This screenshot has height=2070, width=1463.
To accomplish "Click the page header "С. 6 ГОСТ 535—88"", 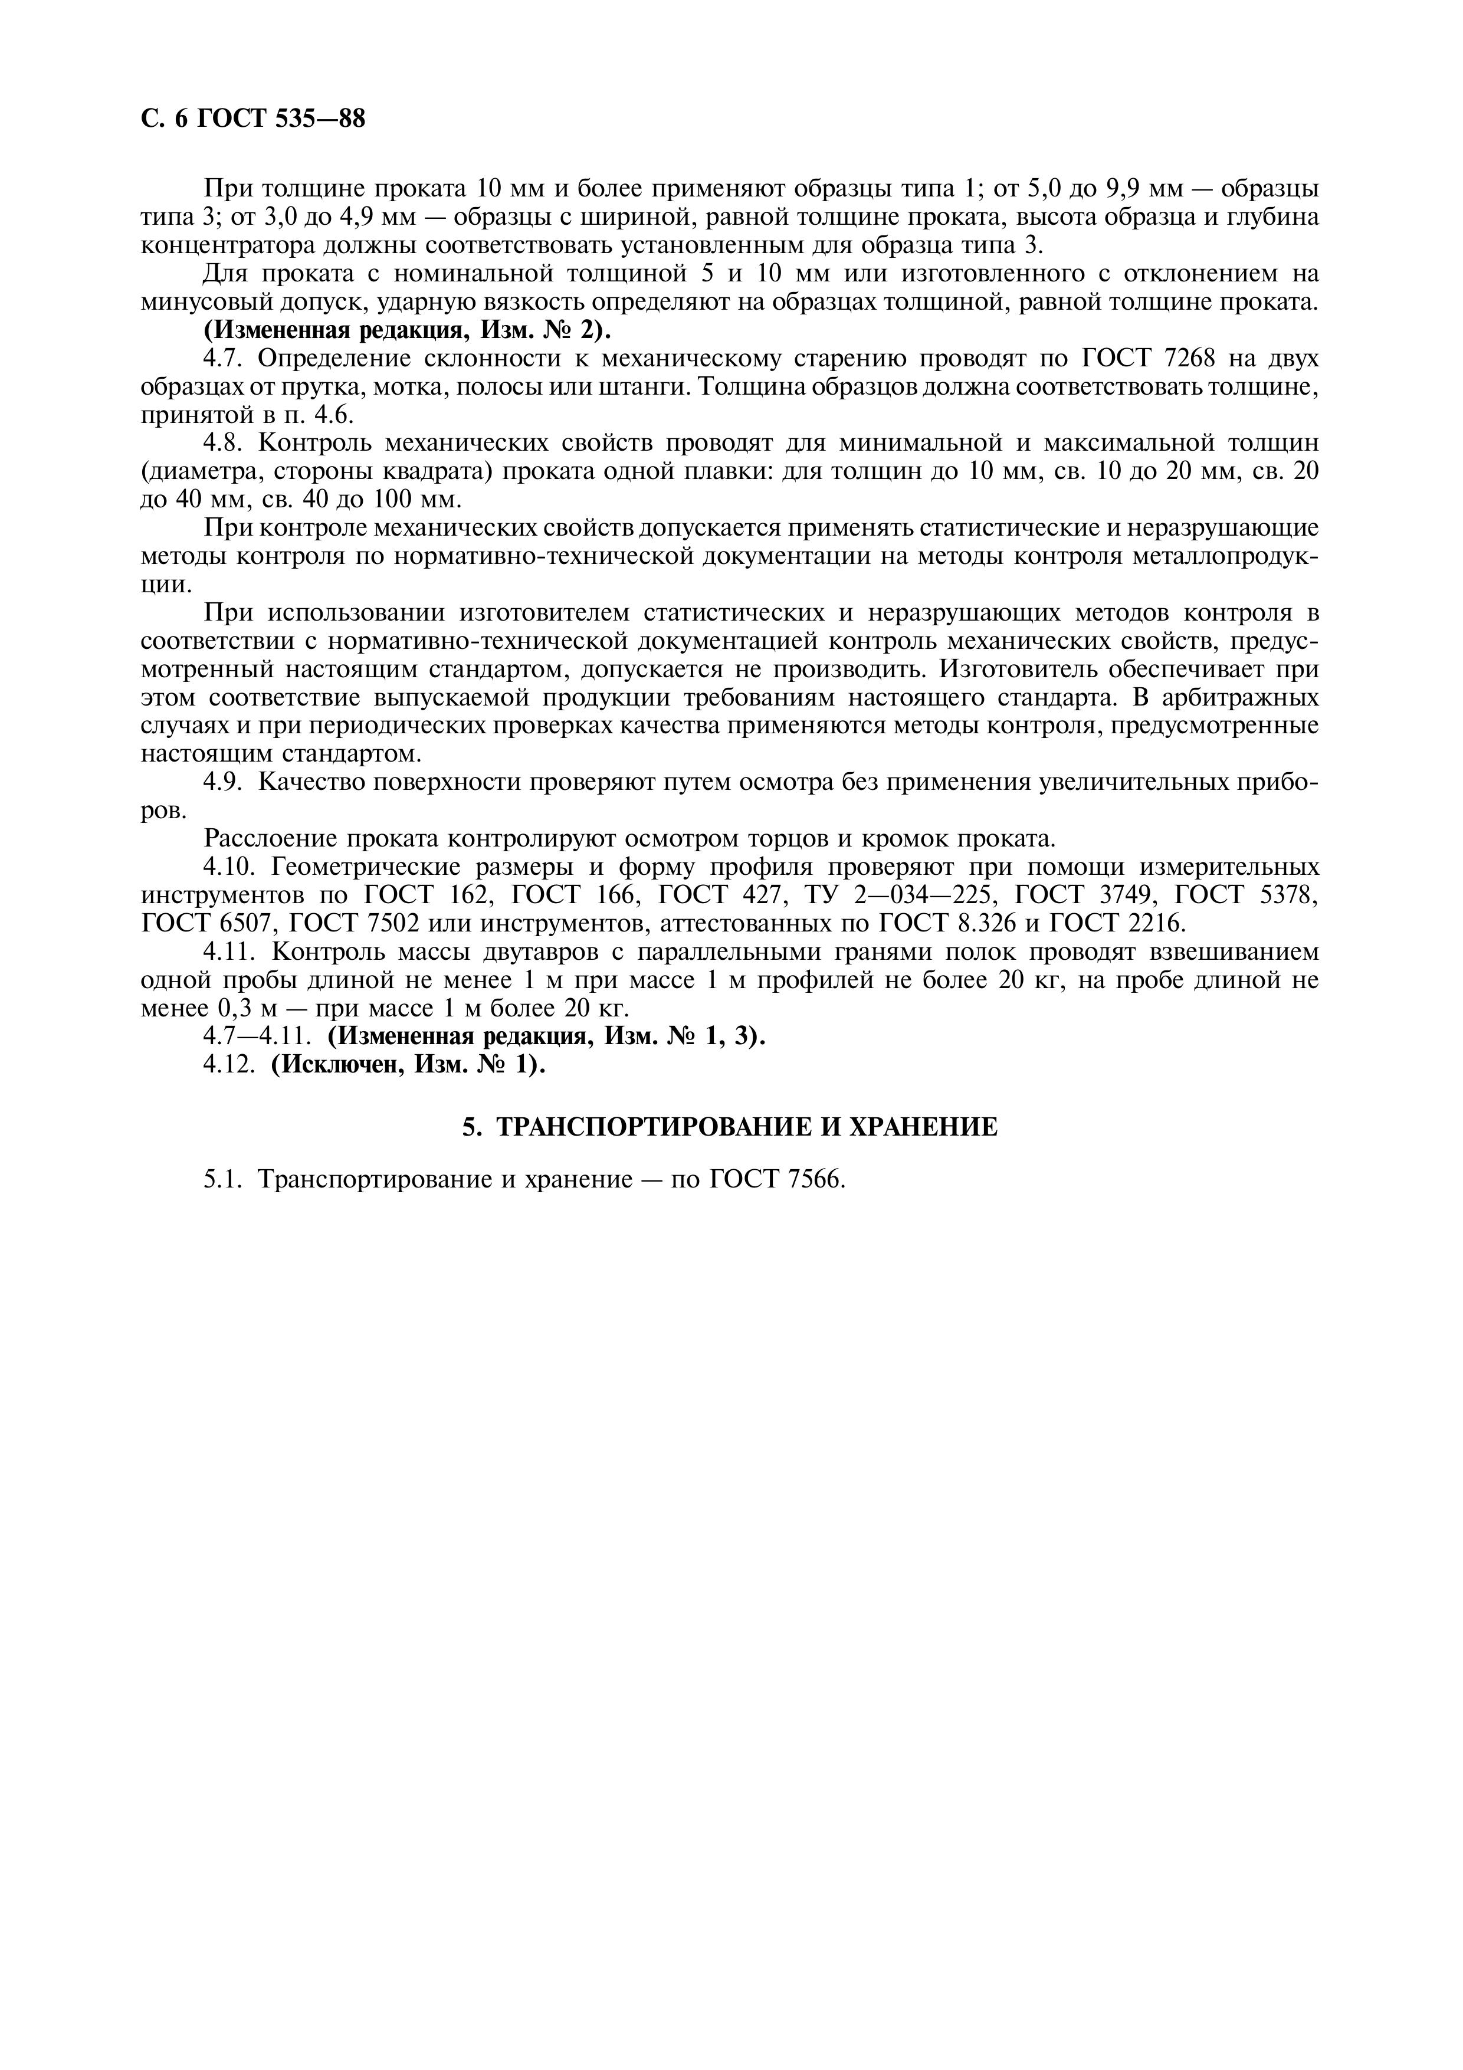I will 253,118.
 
